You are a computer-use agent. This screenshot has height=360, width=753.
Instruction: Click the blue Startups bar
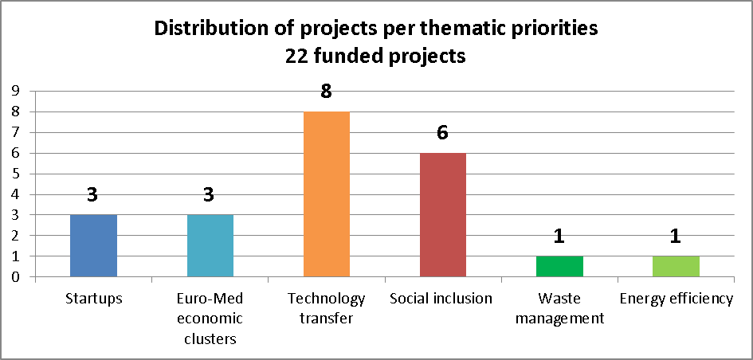coord(93,245)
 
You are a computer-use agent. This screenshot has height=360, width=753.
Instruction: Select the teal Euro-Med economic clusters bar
coord(210,245)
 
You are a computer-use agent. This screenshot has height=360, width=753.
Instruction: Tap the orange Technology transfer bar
coord(326,194)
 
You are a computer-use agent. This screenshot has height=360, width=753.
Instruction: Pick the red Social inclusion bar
coord(442,214)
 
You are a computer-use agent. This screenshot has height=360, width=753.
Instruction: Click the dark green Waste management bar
coord(559,266)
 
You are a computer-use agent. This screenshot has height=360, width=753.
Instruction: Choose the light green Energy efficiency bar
coord(676,266)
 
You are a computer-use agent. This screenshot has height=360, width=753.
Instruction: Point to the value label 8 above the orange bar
coord(326,92)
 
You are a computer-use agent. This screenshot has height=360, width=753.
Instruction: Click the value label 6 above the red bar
coord(442,133)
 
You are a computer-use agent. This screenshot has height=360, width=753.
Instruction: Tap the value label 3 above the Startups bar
coord(92,195)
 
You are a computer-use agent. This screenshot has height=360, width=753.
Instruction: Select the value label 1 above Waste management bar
coord(559,237)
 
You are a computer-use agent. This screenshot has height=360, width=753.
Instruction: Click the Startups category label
coord(93,299)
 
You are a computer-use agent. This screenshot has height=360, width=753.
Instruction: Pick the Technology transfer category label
coord(326,308)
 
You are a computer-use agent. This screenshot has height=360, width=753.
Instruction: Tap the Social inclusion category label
coord(441,299)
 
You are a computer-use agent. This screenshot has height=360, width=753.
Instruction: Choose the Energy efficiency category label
coord(676,299)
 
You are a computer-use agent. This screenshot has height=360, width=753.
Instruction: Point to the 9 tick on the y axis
coord(15,91)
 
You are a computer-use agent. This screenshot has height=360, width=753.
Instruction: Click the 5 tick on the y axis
coord(15,174)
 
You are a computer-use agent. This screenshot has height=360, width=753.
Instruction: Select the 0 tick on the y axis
coord(15,277)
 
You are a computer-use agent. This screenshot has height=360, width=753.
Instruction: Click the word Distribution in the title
coord(206,29)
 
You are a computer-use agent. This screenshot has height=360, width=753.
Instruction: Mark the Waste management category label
coord(559,308)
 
